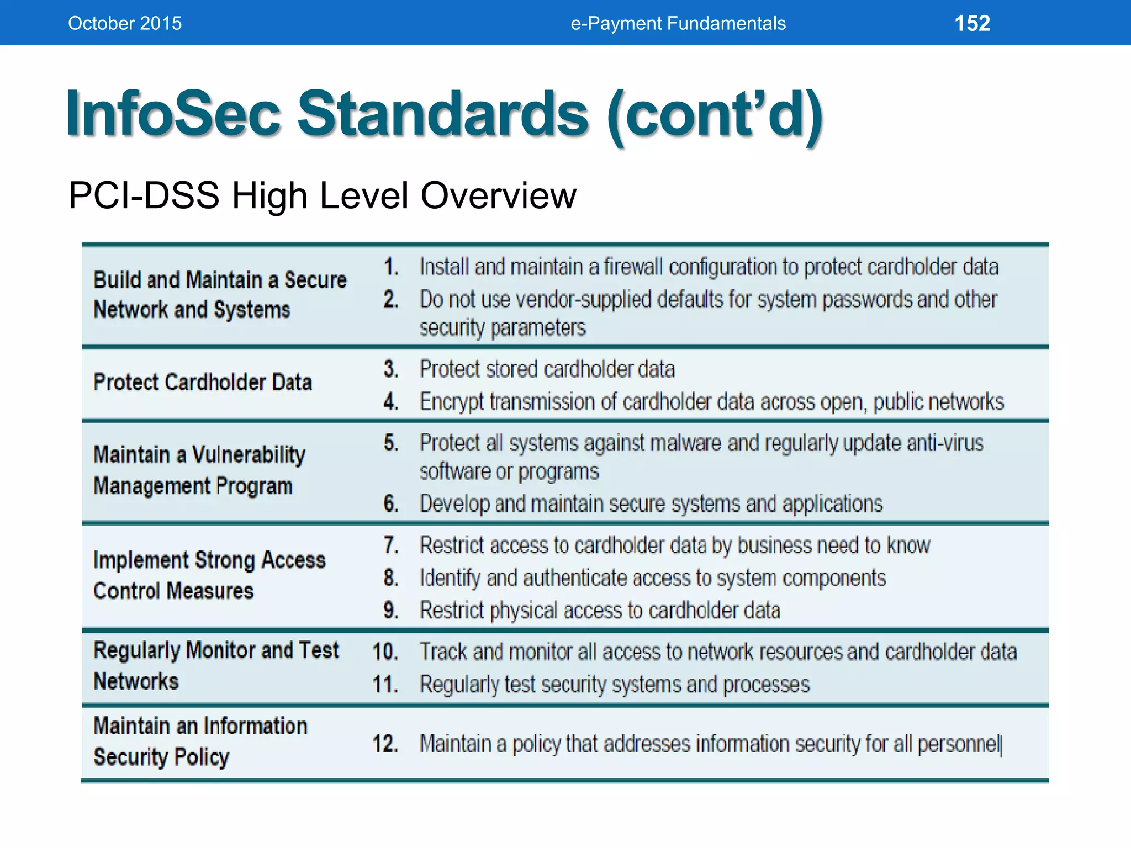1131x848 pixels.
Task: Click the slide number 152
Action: (972, 23)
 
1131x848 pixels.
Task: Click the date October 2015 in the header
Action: (125, 23)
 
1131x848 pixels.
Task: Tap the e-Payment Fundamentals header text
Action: (678, 23)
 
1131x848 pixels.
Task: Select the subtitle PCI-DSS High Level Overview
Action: (322, 195)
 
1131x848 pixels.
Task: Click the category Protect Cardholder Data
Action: (202, 382)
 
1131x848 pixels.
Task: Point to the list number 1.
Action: (391, 267)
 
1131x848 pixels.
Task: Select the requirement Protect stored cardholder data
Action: (547, 369)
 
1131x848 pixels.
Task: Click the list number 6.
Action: (391, 504)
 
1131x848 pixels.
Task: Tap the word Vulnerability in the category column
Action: (249, 455)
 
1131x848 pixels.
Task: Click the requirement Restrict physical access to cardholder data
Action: (600, 611)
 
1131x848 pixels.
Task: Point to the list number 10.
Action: (385, 652)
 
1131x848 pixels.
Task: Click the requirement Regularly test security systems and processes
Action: (614, 685)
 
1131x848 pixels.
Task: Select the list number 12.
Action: (385, 744)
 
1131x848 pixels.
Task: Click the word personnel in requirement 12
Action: (958, 744)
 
